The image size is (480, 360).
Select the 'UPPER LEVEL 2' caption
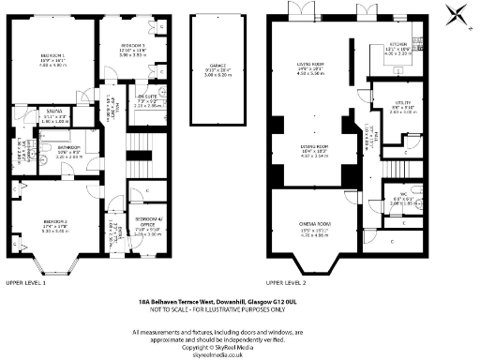point(288,281)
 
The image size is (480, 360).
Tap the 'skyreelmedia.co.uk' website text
point(239,352)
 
